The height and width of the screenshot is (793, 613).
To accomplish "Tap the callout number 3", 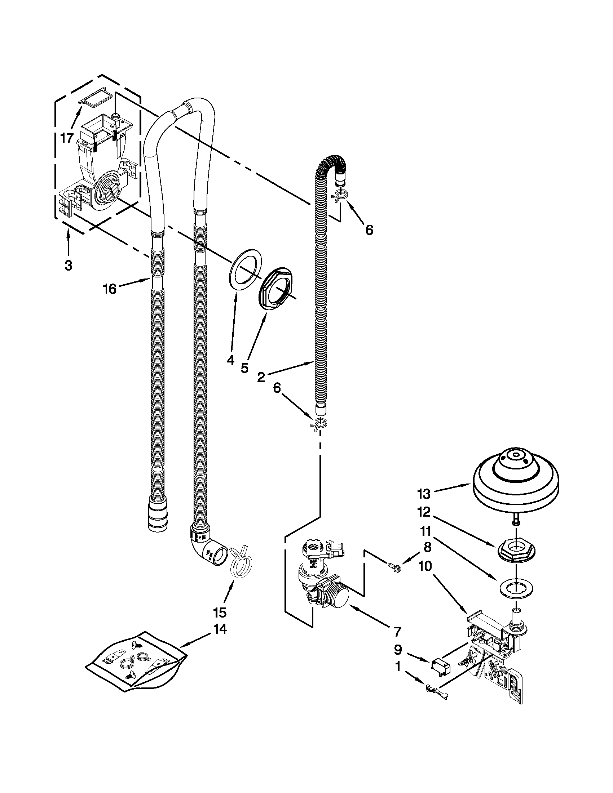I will click(x=68, y=266).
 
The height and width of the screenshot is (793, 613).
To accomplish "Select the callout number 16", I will click(x=109, y=289).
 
